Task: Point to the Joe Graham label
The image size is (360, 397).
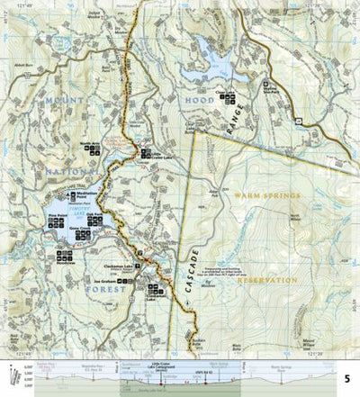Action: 106,282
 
